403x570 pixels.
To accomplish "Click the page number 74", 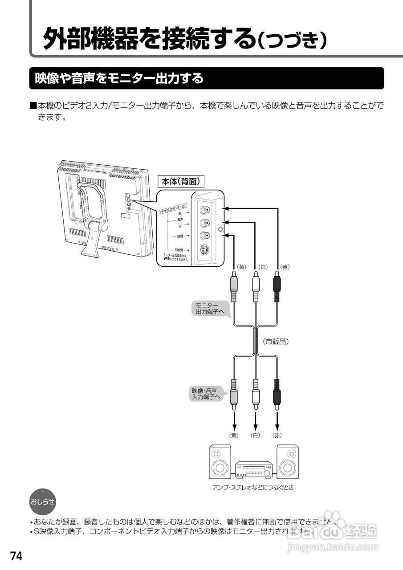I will (16, 556).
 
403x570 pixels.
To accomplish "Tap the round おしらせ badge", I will (42, 502).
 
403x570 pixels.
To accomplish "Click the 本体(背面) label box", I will (182, 182).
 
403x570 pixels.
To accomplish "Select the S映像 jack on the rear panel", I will (204, 250).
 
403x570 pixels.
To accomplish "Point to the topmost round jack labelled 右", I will (204, 210).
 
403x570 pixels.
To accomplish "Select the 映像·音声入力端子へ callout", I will (207, 394).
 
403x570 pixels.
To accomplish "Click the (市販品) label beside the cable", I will (276, 342).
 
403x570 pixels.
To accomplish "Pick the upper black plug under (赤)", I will (277, 289).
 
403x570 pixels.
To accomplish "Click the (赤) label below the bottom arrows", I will (277, 435).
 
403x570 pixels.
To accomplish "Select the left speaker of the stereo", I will (220, 462).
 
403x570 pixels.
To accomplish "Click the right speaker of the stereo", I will (288, 462).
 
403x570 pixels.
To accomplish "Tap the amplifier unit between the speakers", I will (254, 469).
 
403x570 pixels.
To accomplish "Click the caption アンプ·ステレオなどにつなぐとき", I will (253, 487).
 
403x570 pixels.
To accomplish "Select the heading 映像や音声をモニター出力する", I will (119, 79).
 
